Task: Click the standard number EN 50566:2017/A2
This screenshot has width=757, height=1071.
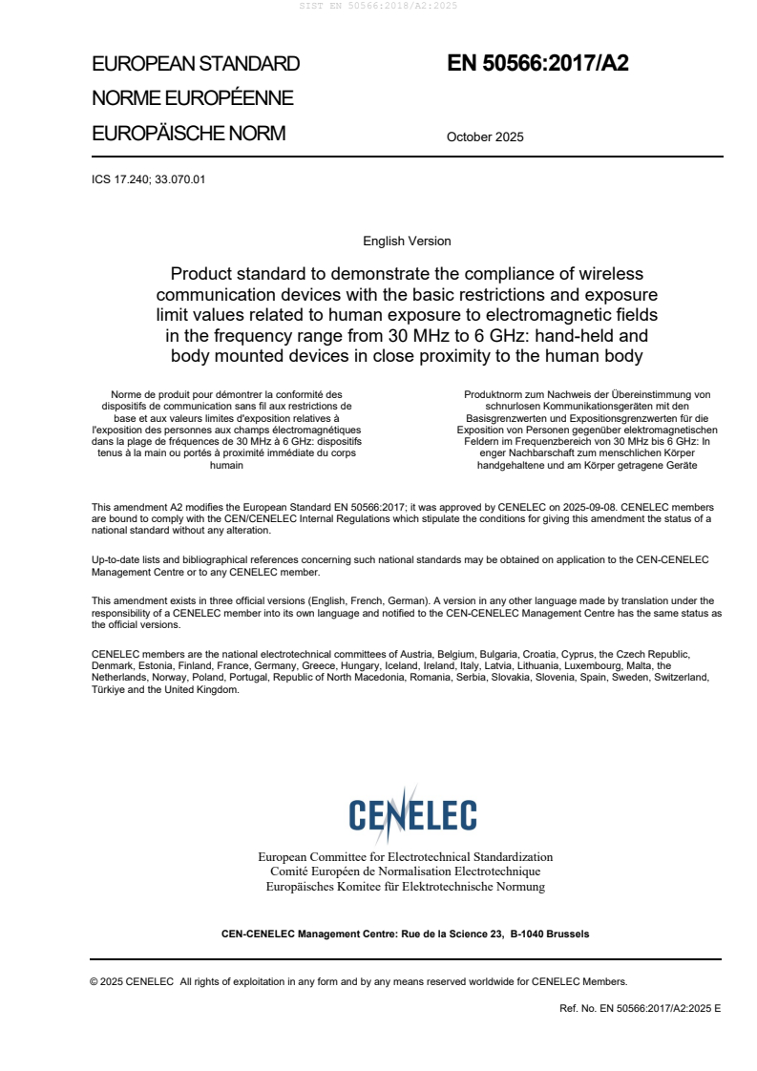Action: click(x=537, y=64)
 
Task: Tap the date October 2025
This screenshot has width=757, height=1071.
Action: click(x=485, y=136)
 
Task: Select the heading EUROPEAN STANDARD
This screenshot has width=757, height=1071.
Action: click(x=196, y=64)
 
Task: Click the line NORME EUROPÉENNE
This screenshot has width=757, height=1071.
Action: click(x=192, y=98)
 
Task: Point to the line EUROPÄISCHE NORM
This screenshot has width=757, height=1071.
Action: click(x=188, y=134)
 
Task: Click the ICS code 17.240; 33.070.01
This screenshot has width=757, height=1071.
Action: click(x=148, y=178)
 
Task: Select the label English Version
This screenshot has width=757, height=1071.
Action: click(x=407, y=241)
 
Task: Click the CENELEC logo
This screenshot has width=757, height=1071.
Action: click(x=412, y=814)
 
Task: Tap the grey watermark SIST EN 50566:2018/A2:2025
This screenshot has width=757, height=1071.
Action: click(x=379, y=6)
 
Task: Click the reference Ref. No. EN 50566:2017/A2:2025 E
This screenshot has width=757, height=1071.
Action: click(x=641, y=1007)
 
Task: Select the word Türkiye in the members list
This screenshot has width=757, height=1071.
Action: click(x=108, y=689)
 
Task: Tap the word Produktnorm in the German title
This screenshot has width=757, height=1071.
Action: click(x=490, y=394)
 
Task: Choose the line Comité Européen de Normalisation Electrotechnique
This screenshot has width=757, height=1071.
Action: click(x=406, y=871)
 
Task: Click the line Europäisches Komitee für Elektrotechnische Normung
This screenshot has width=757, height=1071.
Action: click(x=406, y=887)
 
